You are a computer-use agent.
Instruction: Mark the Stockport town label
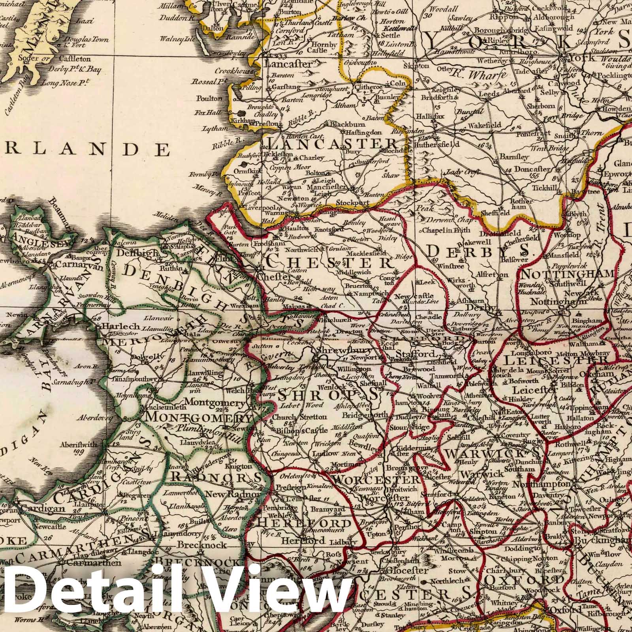pos(349,203)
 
